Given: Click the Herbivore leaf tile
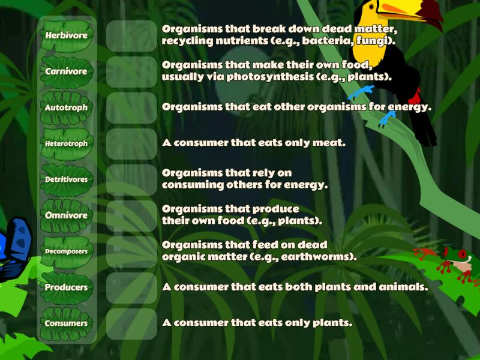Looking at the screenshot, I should tap(67, 35).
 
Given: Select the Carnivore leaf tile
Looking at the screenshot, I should tap(67, 71).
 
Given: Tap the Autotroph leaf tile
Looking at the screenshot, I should tap(67, 107).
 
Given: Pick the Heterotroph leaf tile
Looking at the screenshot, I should tap(67, 143).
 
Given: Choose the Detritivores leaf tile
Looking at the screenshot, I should tap(67, 179).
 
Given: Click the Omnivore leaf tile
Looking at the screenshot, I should tap(67, 215).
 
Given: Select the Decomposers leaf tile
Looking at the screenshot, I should tap(67, 251).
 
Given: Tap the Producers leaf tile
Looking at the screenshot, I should tap(67, 287).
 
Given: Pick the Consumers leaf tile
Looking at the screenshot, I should tap(67, 323).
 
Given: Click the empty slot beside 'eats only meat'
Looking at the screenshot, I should tap(131, 143).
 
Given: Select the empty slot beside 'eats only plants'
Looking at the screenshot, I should tap(131, 323).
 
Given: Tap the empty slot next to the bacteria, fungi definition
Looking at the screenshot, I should tap(131, 35).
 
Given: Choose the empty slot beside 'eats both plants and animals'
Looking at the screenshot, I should tap(131, 287).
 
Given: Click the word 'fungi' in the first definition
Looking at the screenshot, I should tap(377, 41).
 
